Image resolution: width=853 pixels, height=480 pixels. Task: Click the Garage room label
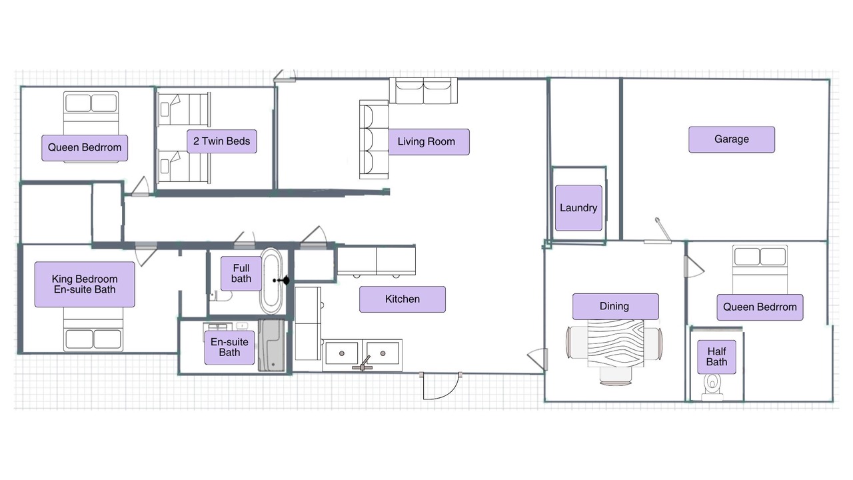coord(732,139)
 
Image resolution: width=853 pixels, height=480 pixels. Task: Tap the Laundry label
coord(578,208)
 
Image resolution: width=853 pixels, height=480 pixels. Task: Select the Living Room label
coord(428,142)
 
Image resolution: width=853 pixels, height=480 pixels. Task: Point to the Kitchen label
coord(403,299)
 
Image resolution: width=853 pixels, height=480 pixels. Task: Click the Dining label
coord(615,306)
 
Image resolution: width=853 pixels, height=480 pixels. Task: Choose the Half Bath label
coord(716,357)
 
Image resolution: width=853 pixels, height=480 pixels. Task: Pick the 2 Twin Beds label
coord(222,141)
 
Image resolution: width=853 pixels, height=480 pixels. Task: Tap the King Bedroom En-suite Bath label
coord(85,284)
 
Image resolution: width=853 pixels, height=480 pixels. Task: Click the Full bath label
coord(241,273)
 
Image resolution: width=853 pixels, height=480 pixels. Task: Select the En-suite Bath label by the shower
coord(229,347)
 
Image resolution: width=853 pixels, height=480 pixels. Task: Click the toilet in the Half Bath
coord(712,386)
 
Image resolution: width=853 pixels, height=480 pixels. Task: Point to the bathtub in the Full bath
coord(271,281)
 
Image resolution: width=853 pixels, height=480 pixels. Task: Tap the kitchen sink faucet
coord(363,364)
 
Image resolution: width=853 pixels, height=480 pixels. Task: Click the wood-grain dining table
coord(615,343)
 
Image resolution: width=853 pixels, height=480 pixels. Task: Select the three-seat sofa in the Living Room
coord(374,139)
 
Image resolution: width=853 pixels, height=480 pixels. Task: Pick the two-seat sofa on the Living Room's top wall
coord(423,91)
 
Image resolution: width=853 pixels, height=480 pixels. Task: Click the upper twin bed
coord(183,109)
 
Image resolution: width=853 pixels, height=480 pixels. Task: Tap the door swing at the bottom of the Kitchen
coord(440,386)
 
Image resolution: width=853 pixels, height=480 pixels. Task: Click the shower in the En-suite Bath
coord(271,345)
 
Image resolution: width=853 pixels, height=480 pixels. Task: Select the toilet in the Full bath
coord(221,295)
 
